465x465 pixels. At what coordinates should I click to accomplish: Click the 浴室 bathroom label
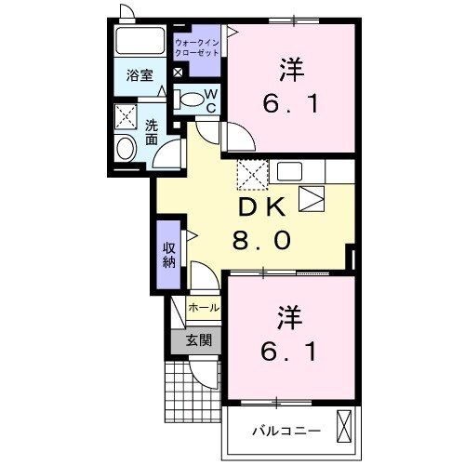(140, 76)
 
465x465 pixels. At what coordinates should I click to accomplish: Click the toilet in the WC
(190, 99)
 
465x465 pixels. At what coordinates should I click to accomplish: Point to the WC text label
(211, 100)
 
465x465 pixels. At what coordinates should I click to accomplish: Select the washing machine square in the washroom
(125, 117)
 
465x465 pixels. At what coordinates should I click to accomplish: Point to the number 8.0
(262, 241)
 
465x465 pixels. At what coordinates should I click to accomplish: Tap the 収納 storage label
(169, 254)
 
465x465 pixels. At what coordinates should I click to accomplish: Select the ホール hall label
(204, 307)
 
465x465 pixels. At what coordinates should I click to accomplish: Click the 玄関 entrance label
(198, 340)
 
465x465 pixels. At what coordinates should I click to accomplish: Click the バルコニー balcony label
(287, 432)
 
